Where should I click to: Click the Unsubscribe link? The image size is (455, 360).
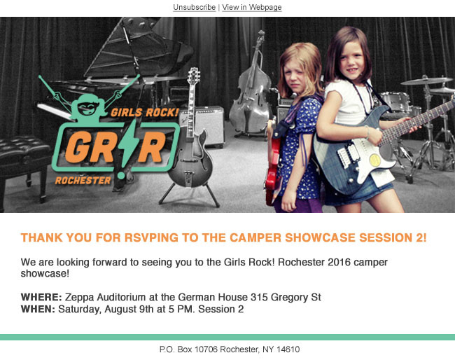[194, 7]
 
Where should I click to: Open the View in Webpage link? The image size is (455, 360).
[252, 7]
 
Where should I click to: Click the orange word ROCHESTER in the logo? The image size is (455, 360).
[83, 181]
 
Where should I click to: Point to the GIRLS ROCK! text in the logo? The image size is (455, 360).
[144, 112]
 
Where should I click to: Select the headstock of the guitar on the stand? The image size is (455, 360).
[193, 76]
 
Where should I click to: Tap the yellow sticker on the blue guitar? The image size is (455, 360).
[375, 160]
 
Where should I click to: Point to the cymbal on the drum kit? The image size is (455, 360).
[426, 81]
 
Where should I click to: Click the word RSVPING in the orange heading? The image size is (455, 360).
[151, 237]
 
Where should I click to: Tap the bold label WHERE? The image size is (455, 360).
[41, 297]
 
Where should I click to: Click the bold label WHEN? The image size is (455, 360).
[38, 309]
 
